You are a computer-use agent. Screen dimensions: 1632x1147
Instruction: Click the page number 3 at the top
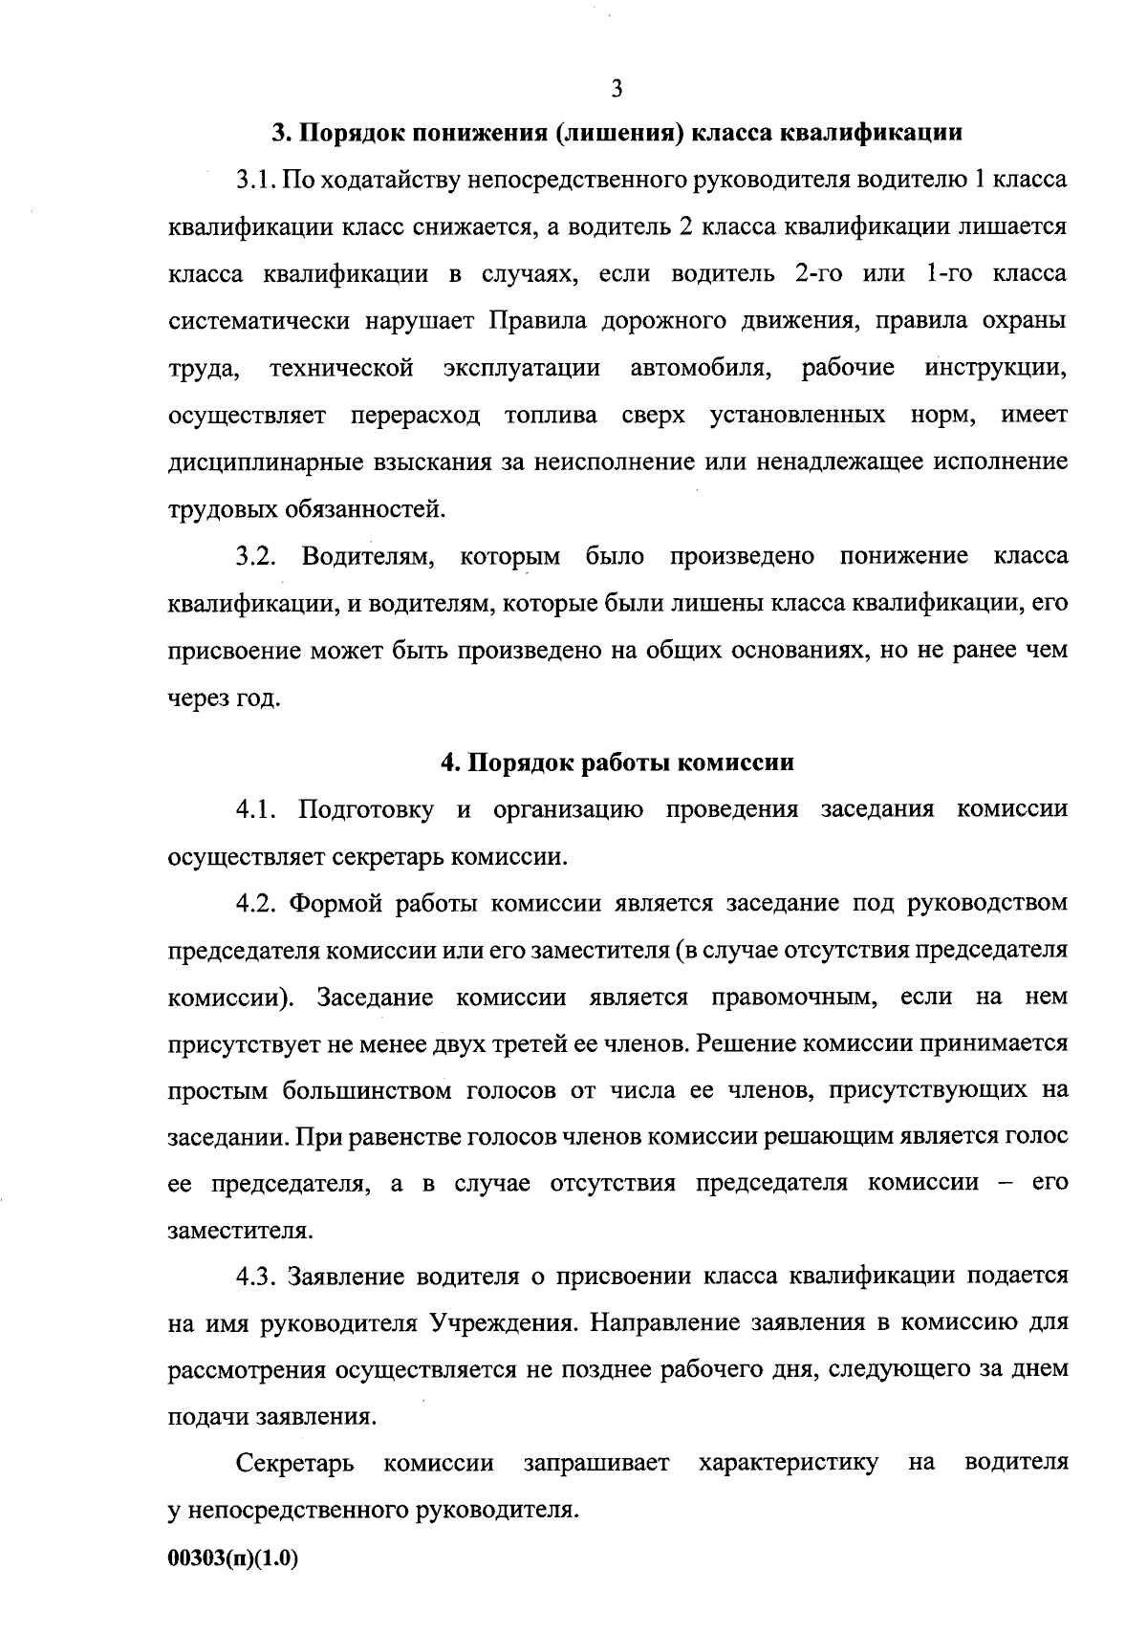tap(616, 89)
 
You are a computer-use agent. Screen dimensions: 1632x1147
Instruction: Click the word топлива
tap(552, 416)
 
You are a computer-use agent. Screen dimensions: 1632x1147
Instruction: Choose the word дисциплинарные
tap(251, 462)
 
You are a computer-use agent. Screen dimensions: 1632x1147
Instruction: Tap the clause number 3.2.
tap(257, 556)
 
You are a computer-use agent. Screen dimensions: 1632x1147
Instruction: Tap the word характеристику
tap(789, 1464)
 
